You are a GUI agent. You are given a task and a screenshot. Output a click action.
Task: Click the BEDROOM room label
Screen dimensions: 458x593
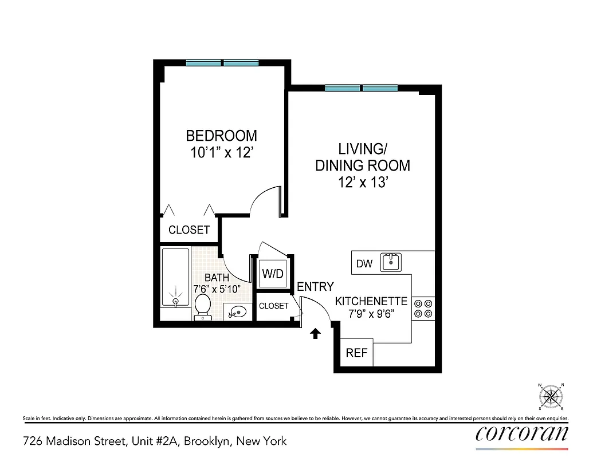point(221,136)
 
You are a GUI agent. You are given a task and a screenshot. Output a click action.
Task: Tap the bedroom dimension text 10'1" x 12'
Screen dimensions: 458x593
point(221,153)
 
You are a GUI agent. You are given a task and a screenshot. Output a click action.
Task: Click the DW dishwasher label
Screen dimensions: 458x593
point(364,264)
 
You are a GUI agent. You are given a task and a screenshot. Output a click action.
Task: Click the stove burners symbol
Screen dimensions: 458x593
point(424,308)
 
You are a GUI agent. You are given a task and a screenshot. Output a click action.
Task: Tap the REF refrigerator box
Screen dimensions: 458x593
point(356,353)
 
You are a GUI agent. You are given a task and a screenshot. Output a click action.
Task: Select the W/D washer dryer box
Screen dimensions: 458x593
point(273,274)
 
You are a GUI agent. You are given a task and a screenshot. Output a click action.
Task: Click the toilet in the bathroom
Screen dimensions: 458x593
point(202,306)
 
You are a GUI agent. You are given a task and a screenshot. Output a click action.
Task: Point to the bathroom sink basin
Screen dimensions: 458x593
point(237,313)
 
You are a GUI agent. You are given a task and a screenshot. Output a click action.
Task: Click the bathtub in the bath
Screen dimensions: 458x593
point(175,278)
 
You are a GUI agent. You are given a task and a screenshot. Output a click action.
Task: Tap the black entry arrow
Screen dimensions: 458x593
point(315,334)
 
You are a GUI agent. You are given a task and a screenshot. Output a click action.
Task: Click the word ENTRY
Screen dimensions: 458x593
point(315,287)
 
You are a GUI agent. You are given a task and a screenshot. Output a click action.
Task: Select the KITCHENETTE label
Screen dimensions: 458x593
point(371,301)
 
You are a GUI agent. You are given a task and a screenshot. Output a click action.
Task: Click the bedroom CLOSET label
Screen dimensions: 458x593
point(189,230)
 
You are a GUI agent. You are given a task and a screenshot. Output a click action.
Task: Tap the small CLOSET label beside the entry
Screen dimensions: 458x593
point(273,306)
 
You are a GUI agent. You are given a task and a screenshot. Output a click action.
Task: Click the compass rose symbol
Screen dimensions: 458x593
point(551,396)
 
